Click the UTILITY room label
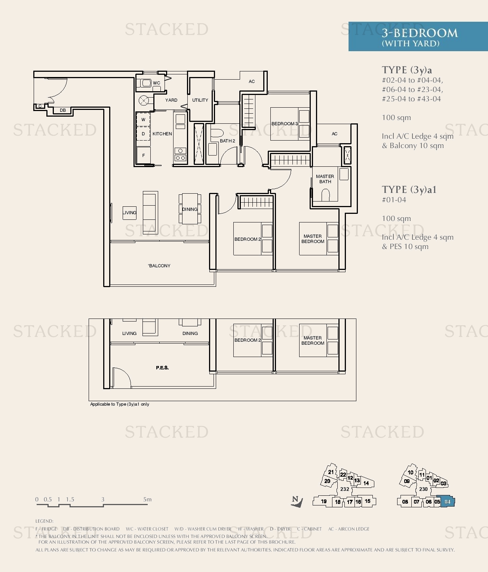tap(200, 100)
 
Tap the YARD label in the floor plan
tap(171, 100)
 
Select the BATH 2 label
tap(227, 141)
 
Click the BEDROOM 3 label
tap(285, 124)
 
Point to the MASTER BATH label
tap(325, 179)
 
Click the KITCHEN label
tap(162, 134)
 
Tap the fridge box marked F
tap(143, 156)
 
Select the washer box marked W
tap(143, 120)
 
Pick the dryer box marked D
tap(143, 134)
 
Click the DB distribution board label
tap(63, 110)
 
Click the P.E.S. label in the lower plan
tap(162, 368)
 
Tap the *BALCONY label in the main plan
tap(159, 266)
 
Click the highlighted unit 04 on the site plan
tap(448, 502)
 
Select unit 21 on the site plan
tap(331, 472)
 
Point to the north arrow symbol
tap(297, 501)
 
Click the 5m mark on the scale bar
tap(147, 499)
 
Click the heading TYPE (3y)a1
tap(409, 190)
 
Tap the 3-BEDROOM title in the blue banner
tap(420, 33)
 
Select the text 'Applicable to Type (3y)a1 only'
tap(120, 404)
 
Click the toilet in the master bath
tap(325, 195)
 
